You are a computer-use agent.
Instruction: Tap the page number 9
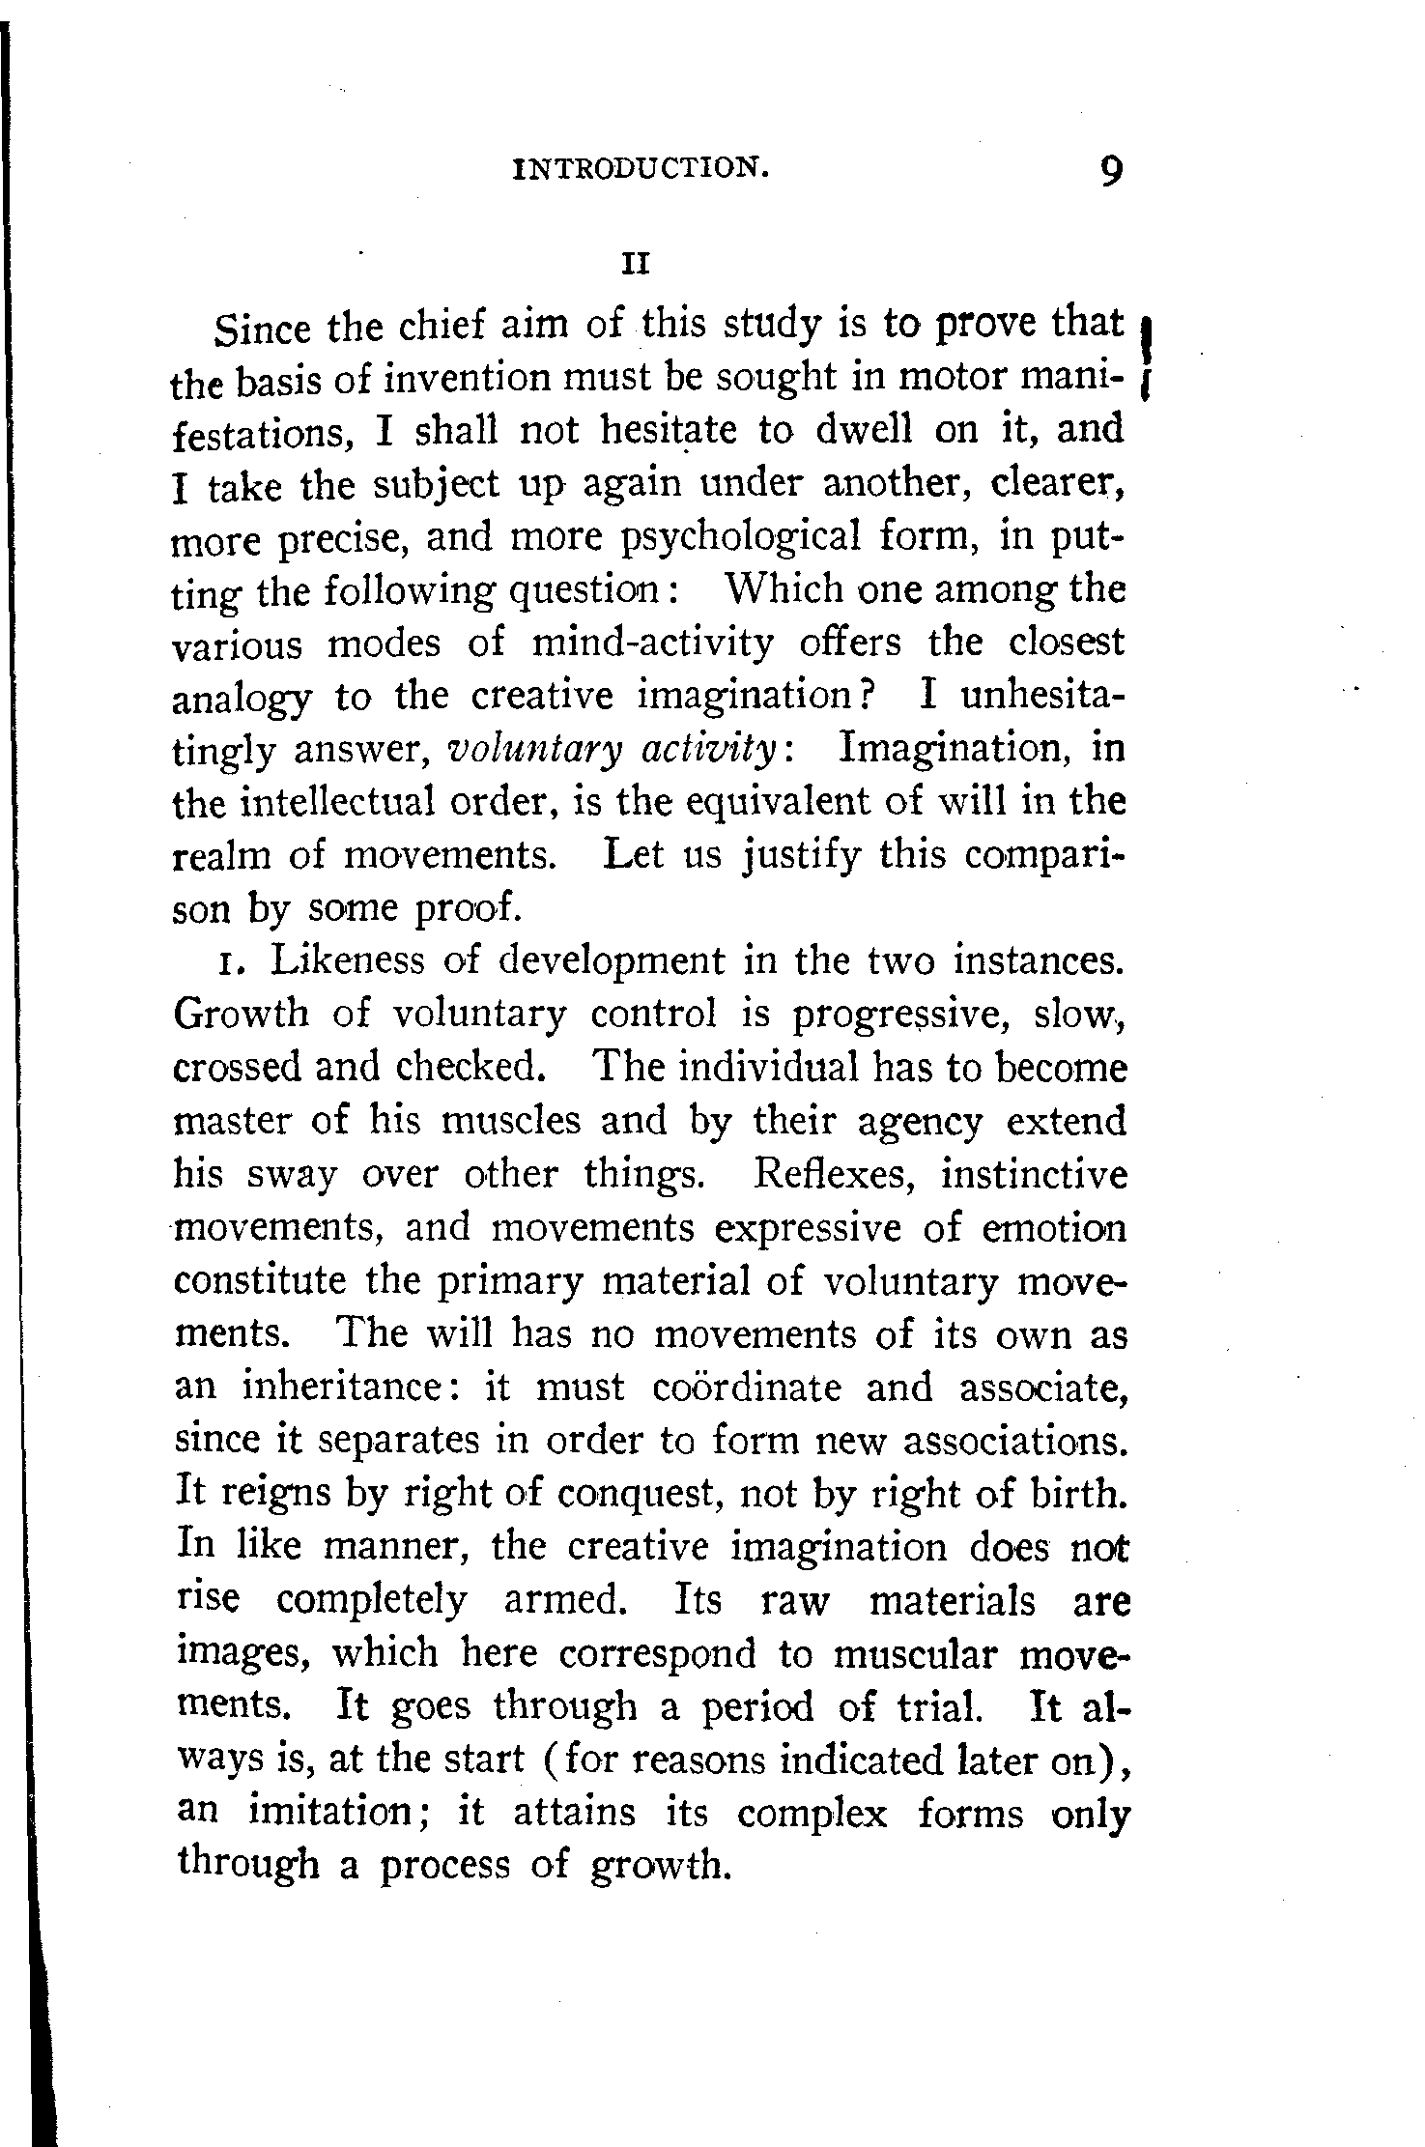click(x=1111, y=172)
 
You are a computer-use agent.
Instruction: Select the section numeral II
click(x=635, y=263)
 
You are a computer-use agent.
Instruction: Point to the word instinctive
click(x=1035, y=1175)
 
